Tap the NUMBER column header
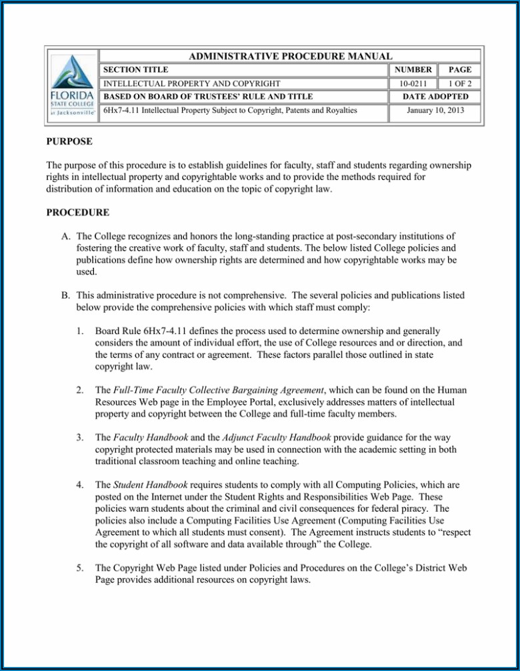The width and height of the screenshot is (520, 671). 413,70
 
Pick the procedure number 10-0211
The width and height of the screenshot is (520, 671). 413,84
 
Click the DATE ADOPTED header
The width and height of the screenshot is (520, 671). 435,97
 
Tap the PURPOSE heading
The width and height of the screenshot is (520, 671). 69,142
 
